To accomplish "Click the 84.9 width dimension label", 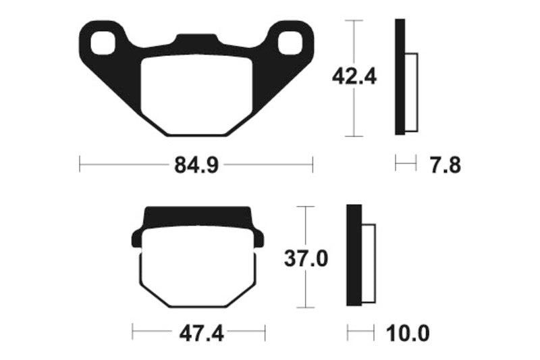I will (x=196, y=165).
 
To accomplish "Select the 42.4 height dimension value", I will (x=354, y=77).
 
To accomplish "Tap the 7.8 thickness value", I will (x=445, y=164).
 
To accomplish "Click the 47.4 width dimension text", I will (x=198, y=333).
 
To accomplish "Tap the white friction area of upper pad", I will (x=196, y=95).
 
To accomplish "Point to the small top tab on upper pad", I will (x=196, y=40).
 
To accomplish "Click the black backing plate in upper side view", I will (x=400, y=77).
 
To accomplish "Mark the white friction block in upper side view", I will (x=412, y=92).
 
